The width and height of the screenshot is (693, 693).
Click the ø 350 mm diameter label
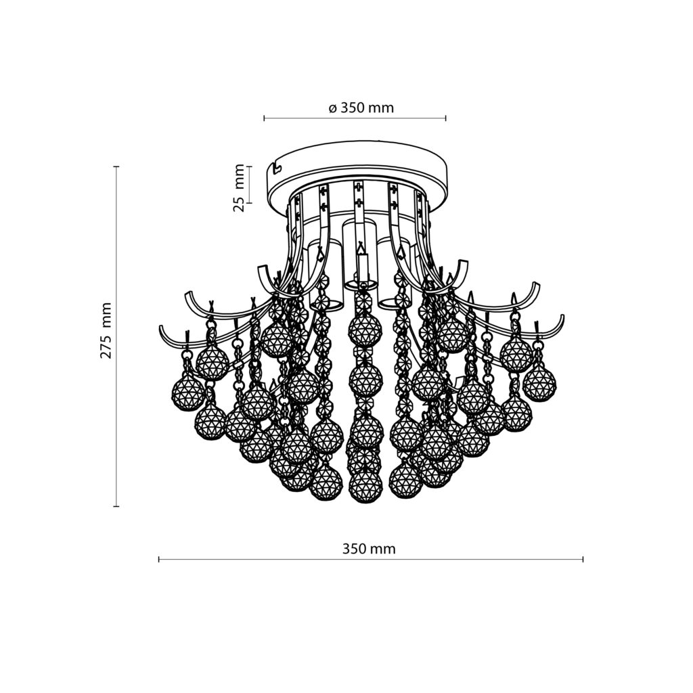point(361,108)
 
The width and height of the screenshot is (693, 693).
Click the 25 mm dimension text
point(239,187)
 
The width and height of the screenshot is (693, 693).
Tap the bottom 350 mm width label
point(369,549)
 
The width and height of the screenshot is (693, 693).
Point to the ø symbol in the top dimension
point(333,108)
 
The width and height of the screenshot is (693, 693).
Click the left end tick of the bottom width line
point(158,560)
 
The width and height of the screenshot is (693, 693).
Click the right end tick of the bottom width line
point(583,560)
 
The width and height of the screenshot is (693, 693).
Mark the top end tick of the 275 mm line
point(116,166)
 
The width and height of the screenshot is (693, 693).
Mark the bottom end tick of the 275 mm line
point(116,506)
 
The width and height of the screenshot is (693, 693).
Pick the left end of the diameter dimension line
point(264,118)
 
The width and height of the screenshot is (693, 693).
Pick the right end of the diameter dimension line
point(445,118)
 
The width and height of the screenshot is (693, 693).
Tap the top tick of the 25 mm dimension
point(250,166)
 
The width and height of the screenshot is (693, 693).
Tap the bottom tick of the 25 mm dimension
point(250,202)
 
